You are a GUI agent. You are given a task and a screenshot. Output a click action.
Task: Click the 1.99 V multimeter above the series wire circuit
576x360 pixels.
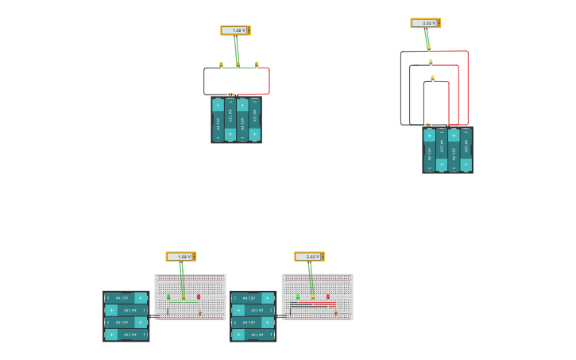(234, 30)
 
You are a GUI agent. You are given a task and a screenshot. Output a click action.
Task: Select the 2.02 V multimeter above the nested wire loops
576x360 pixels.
(424, 23)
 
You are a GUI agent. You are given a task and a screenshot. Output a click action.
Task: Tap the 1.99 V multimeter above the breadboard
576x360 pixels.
(180, 257)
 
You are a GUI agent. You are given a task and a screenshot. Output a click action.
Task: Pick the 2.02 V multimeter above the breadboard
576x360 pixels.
(308, 257)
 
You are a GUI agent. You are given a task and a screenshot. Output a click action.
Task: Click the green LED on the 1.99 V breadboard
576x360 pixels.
(168, 296)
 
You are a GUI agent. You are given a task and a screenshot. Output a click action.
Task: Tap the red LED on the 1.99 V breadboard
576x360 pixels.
(199, 296)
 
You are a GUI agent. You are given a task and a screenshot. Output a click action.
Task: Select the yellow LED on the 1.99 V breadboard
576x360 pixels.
(184, 297)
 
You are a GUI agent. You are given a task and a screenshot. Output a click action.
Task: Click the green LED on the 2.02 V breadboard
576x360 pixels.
(298, 296)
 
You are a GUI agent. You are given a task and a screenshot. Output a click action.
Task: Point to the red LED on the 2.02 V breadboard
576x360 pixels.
(327, 296)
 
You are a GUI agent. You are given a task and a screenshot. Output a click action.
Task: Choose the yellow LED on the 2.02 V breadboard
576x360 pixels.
(312, 297)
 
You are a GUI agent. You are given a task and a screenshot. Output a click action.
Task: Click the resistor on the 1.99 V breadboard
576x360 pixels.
(200, 313)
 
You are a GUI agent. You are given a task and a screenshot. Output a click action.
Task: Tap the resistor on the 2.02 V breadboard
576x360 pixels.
(336, 313)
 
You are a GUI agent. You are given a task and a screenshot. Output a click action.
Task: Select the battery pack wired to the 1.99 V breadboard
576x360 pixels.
(126, 316)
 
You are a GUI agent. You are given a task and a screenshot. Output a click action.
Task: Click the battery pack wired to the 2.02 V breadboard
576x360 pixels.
(253, 316)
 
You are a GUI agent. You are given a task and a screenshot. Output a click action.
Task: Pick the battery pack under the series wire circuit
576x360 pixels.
(236, 120)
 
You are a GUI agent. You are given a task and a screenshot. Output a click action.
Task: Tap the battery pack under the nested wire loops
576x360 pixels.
(447, 150)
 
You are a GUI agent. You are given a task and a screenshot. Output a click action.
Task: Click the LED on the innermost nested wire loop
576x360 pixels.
(432, 78)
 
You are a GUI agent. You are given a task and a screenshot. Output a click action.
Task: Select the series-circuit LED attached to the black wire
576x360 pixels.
(221, 64)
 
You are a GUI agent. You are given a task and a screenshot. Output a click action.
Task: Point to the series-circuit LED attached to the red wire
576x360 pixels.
(257, 64)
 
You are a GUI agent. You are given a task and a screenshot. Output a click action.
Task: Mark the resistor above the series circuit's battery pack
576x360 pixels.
(231, 95)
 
